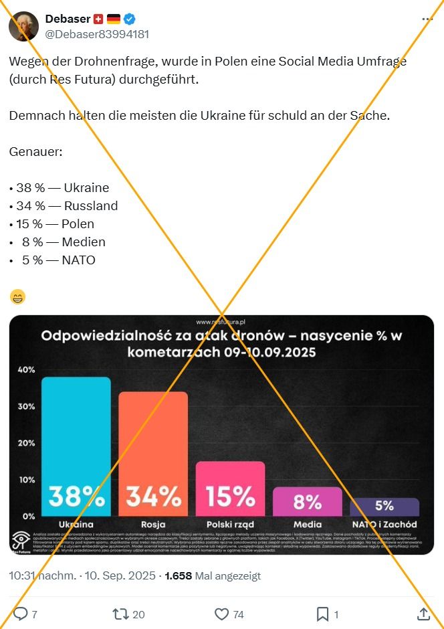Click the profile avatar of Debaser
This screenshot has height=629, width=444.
point(23,26)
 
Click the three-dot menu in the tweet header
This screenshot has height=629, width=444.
point(427,19)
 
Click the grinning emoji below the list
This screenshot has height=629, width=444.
point(18,296)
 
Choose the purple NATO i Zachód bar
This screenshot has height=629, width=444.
point(384,507)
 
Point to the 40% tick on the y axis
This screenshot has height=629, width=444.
point(26,370)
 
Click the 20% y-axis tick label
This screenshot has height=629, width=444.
point(26,443)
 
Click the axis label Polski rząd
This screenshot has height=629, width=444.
point(230,524)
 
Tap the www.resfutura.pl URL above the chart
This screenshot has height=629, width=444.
point(221,321)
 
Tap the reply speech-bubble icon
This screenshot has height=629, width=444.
point(21,614)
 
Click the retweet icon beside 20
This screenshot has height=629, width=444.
point(120,614)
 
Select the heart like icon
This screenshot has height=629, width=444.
point(221,614)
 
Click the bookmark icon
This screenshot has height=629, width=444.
point(322,614)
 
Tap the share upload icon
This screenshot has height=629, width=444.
point(423,614)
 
